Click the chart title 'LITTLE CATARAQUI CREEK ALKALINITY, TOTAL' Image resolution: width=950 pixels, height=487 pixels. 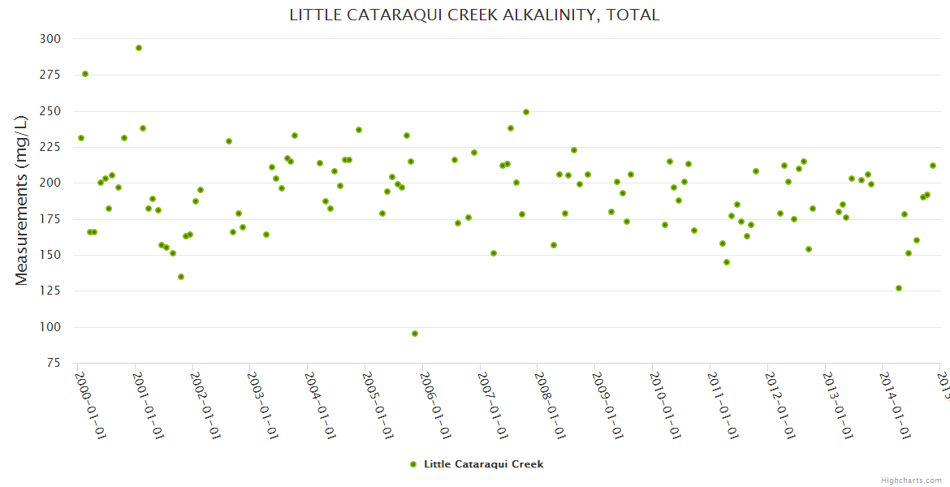[474, 15]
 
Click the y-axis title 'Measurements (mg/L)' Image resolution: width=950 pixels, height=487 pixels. [22, 200]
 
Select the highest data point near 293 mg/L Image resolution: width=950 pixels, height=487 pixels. [139, 48]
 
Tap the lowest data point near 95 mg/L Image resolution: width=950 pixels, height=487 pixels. [415, 334]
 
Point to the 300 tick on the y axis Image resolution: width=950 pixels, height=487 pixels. [50, 39]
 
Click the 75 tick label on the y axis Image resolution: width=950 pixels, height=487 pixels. [53, 364]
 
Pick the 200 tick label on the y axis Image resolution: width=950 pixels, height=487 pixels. [50, 183]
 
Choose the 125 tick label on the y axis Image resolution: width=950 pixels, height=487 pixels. [50, 291]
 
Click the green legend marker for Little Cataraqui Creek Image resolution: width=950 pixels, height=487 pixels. [413, 464]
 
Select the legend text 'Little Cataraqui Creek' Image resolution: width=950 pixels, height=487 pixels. [483, 464]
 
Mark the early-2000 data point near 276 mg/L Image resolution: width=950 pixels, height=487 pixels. [85, 74]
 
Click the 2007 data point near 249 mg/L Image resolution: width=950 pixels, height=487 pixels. [526, 112]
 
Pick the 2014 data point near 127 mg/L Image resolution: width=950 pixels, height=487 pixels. [899, 288]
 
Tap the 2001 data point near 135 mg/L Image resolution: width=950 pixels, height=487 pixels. [181, 277]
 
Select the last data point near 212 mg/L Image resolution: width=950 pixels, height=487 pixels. [933, 166]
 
